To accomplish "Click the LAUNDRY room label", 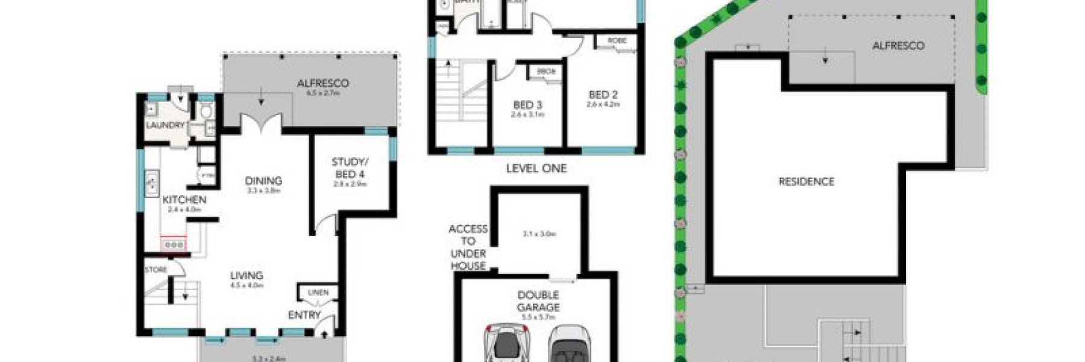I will (165, 125).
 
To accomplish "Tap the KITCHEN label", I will (184, 199).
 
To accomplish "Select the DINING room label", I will (263, 180).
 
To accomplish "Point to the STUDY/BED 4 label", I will (350, 168).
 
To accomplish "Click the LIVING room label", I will (247, 276).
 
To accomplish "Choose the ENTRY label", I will (304, 315).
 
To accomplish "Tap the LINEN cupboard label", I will (318, 293).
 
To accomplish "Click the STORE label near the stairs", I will (156, 270).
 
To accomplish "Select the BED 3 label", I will (527, 105).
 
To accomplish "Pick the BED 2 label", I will (603, 95).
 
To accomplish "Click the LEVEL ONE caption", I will (536, 168).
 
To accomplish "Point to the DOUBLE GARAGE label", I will (538, 301).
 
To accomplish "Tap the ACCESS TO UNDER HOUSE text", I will (468, 247).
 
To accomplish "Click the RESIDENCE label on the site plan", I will (807, 181).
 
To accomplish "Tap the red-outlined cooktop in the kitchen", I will (174, 244).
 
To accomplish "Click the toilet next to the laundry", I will (205, 112).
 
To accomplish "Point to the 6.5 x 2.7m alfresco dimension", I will (323, 94).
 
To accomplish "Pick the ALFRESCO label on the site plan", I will (898, 45).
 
